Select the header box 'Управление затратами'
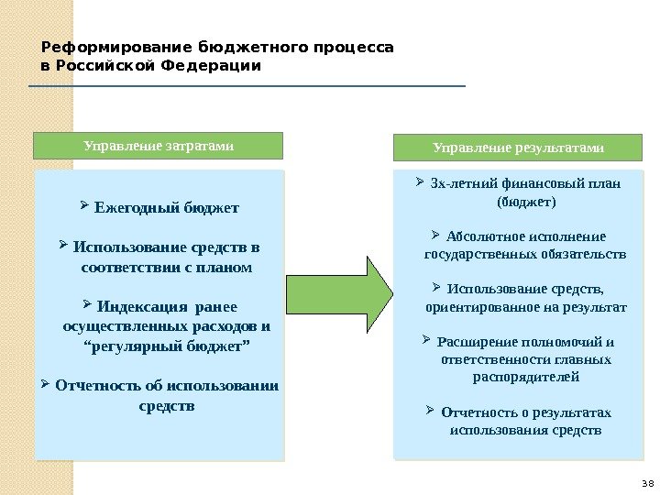[x=159, y=145]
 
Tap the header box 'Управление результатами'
[x=518, y=147]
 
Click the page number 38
[x=646, y=484]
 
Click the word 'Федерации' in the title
[x=219, y=66]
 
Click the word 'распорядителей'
[x=526, y=377]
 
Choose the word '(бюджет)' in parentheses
[x=525, y=201]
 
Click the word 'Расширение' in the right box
[x=474, y=343]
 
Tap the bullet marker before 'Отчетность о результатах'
[x=431, y=412]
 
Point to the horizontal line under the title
[x=247, y=86]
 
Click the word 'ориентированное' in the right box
[x=474, y=307]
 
